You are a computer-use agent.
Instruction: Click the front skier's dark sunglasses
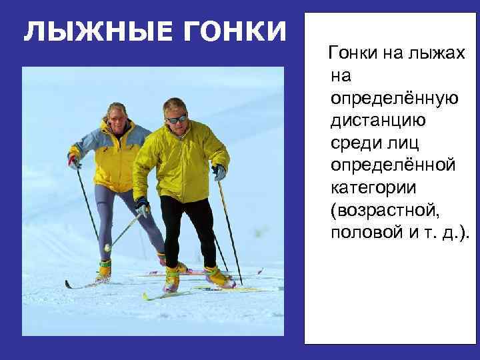pyautogui.click(x=176, y=119)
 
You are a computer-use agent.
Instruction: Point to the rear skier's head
pyautogui.click(x=117, y=115)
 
